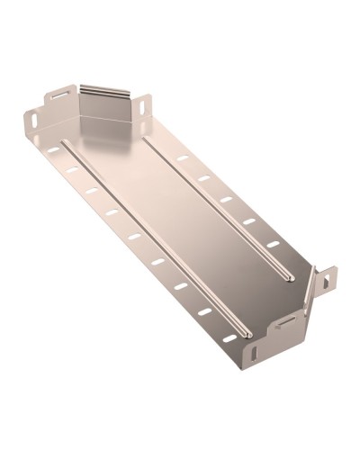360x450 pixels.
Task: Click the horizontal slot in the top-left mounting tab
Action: click(x=60, y=92)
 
